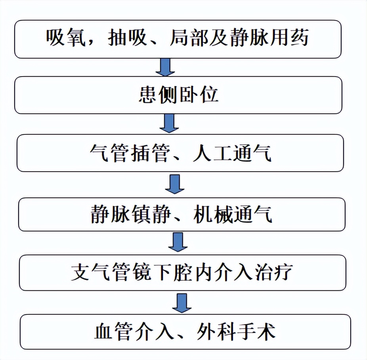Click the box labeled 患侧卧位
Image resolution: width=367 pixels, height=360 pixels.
178,96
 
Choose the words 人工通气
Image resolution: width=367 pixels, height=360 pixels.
232,153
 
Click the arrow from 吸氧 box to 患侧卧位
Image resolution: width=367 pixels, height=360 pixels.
164,67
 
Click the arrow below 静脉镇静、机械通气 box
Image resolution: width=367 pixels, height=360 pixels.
178,242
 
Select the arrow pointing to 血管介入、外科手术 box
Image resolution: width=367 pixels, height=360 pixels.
182,303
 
